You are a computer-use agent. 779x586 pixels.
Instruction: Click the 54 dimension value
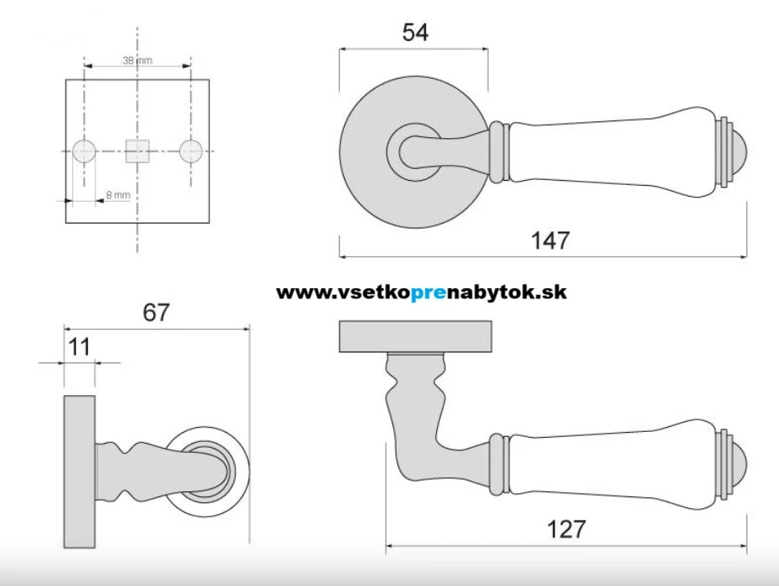click(415, 33)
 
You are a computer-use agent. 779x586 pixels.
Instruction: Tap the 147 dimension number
click(550, 240)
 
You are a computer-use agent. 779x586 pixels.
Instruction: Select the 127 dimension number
click(566, 529)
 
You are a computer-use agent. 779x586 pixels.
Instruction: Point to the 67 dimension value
click(156, 312)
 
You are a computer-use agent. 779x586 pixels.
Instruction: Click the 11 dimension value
click(79, 347)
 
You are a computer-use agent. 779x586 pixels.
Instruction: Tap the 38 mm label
click(137, 60)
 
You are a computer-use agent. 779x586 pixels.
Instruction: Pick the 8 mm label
click(118, 195)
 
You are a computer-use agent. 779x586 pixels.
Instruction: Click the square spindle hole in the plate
click(137, 151)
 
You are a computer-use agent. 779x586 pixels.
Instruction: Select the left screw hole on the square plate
click(84, 152)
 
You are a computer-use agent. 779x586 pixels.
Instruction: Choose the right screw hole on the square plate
click(191, 152)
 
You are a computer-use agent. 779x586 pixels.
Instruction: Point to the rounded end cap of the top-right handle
click(737, 153)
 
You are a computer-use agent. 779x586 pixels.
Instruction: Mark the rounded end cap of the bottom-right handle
click(737, 465)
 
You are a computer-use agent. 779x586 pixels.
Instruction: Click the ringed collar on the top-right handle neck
click(500, 152)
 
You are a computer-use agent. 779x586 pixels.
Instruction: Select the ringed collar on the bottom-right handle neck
click(500, 465)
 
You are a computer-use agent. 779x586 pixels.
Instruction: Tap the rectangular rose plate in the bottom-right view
click(415, 337)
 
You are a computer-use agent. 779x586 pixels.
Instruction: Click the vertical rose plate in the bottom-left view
click(79, 471)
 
